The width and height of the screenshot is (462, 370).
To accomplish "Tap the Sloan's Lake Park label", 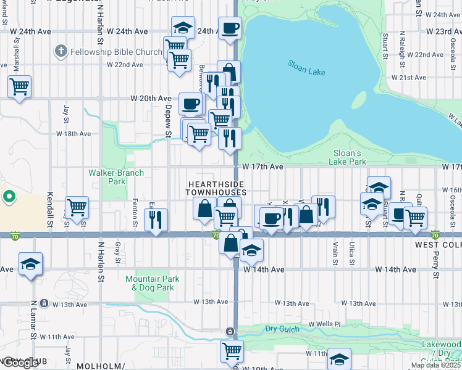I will click(x=346, y=157).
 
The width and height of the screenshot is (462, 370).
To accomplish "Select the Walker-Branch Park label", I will click(x=116, y=178).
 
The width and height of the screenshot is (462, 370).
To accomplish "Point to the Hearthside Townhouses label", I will click(x=216, y=189).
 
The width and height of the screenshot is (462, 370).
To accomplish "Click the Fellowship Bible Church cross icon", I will click(x=61, y=51).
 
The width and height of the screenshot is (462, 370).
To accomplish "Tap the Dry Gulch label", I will click(x=282, y=329).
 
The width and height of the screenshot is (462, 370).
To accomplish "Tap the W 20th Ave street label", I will click(x=150, y=99).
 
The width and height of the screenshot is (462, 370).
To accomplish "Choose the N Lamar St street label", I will click(x=35, y=318).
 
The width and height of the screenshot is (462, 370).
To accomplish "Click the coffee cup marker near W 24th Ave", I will click(x=230, y=28).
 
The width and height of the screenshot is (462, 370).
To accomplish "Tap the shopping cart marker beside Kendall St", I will click(x=77, y=207).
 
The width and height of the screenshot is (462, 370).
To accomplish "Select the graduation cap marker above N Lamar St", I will click(x=30, y=265).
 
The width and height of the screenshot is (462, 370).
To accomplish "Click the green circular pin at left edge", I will click(x=9, y=197).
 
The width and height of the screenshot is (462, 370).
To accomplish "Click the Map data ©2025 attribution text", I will click(x=436, y=365).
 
